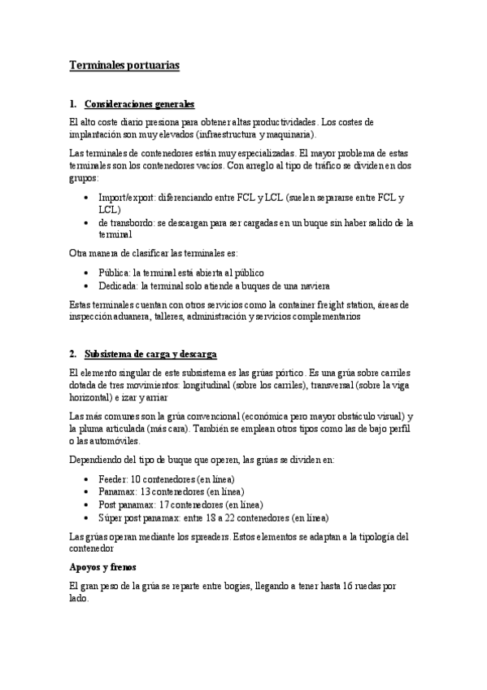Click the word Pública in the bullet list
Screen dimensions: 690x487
point(113,272)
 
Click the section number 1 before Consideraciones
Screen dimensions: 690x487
point(72,104)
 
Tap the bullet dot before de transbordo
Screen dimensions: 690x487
point(87,222)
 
